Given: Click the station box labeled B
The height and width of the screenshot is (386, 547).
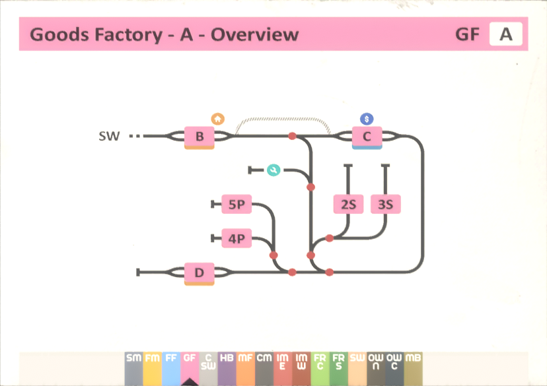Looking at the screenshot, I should click(199, 137).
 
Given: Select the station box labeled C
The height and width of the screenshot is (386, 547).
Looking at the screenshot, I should click(367, 137).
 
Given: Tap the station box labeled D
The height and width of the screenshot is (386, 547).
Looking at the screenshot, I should click(199, 272).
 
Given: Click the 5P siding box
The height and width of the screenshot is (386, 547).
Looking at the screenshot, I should click(237, 205).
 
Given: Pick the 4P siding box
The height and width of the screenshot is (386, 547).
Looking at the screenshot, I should click(237, 238).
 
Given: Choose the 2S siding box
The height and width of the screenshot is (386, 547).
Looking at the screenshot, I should click(348, 205).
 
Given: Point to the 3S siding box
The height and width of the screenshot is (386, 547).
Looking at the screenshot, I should click(386, 205).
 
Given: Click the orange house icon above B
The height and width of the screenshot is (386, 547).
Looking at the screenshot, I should click(218, 119).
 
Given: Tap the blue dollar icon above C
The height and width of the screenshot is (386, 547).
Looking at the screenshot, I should click(367, 119).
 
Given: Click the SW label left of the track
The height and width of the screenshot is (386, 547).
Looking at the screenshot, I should click(109, 137).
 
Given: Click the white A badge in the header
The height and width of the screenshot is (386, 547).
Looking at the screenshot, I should click(505, 34).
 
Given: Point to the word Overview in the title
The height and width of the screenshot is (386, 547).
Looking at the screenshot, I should click(254, 34).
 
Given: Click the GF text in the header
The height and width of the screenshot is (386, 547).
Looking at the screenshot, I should click(467, 34).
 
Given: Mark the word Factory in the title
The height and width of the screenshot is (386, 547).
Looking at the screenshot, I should click(124, 34).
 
